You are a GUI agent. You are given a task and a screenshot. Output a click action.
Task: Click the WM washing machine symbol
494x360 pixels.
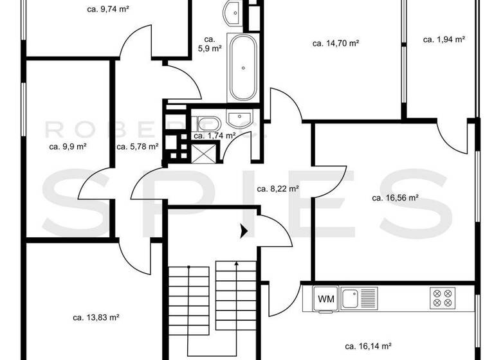point(324,298)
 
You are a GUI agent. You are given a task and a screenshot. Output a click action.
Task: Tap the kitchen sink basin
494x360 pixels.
point(350,298)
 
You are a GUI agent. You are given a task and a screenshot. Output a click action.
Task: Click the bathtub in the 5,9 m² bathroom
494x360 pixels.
point(242,69)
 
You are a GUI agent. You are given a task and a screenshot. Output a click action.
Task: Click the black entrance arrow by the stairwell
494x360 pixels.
point(244,231)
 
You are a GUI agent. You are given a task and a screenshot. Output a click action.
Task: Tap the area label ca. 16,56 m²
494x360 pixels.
point(395,198)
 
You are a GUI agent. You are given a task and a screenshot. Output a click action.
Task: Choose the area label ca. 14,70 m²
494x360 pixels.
point(335,44)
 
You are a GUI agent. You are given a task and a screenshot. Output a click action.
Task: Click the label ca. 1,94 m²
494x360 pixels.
point(444,39)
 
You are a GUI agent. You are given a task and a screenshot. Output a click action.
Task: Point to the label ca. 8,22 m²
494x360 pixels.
point(277,189)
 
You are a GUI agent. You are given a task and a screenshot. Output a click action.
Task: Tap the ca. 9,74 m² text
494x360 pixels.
point(108,10)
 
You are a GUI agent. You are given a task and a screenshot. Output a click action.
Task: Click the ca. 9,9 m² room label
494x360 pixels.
point(68,146)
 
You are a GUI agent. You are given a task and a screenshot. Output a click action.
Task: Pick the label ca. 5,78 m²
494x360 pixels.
point(137,146)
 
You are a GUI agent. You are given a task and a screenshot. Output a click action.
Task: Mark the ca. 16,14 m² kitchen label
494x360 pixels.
point(368,345)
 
